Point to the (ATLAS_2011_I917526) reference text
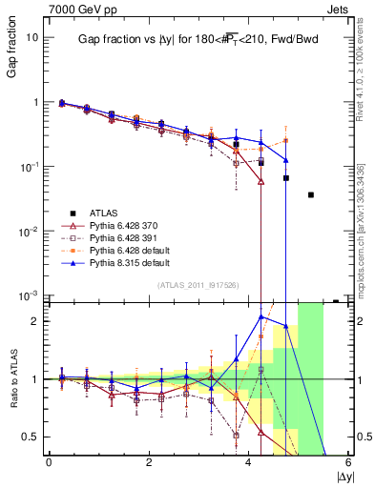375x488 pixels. point(198,285)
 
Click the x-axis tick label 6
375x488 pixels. point(348,462)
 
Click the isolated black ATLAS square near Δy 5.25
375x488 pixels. point(311,194)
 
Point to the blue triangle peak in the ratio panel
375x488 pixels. point(261,316)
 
